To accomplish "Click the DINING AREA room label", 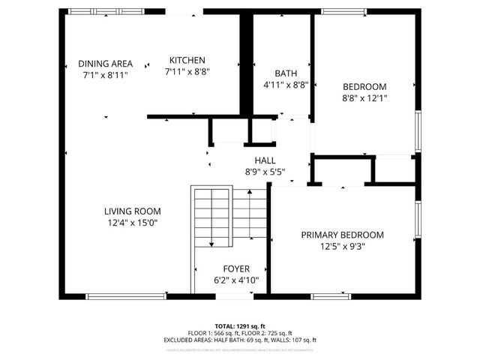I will click(x=106, y=64).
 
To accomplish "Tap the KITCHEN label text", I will click(x=187, y=60).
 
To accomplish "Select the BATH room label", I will click(x=285, y=73).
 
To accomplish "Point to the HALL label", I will click(x=265, y=160).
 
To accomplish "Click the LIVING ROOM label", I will click(x=132, y=211).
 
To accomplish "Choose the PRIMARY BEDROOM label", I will click(x=342, y=235).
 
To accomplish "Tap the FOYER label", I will click(x=236, y=268).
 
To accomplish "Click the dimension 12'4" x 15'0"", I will click(x=132, y=223).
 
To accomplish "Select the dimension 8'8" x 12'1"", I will click(x=364, y=97).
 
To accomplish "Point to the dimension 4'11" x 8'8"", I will click(x=285, y=85).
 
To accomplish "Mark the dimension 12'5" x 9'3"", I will click(x=342, y=247).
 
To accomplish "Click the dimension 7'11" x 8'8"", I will click(x=187, y=72).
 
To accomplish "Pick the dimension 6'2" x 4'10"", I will click(x=236, y=280).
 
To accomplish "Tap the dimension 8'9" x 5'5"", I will click(x=265, y=172).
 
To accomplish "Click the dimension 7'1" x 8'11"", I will click(x=106, y=76).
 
